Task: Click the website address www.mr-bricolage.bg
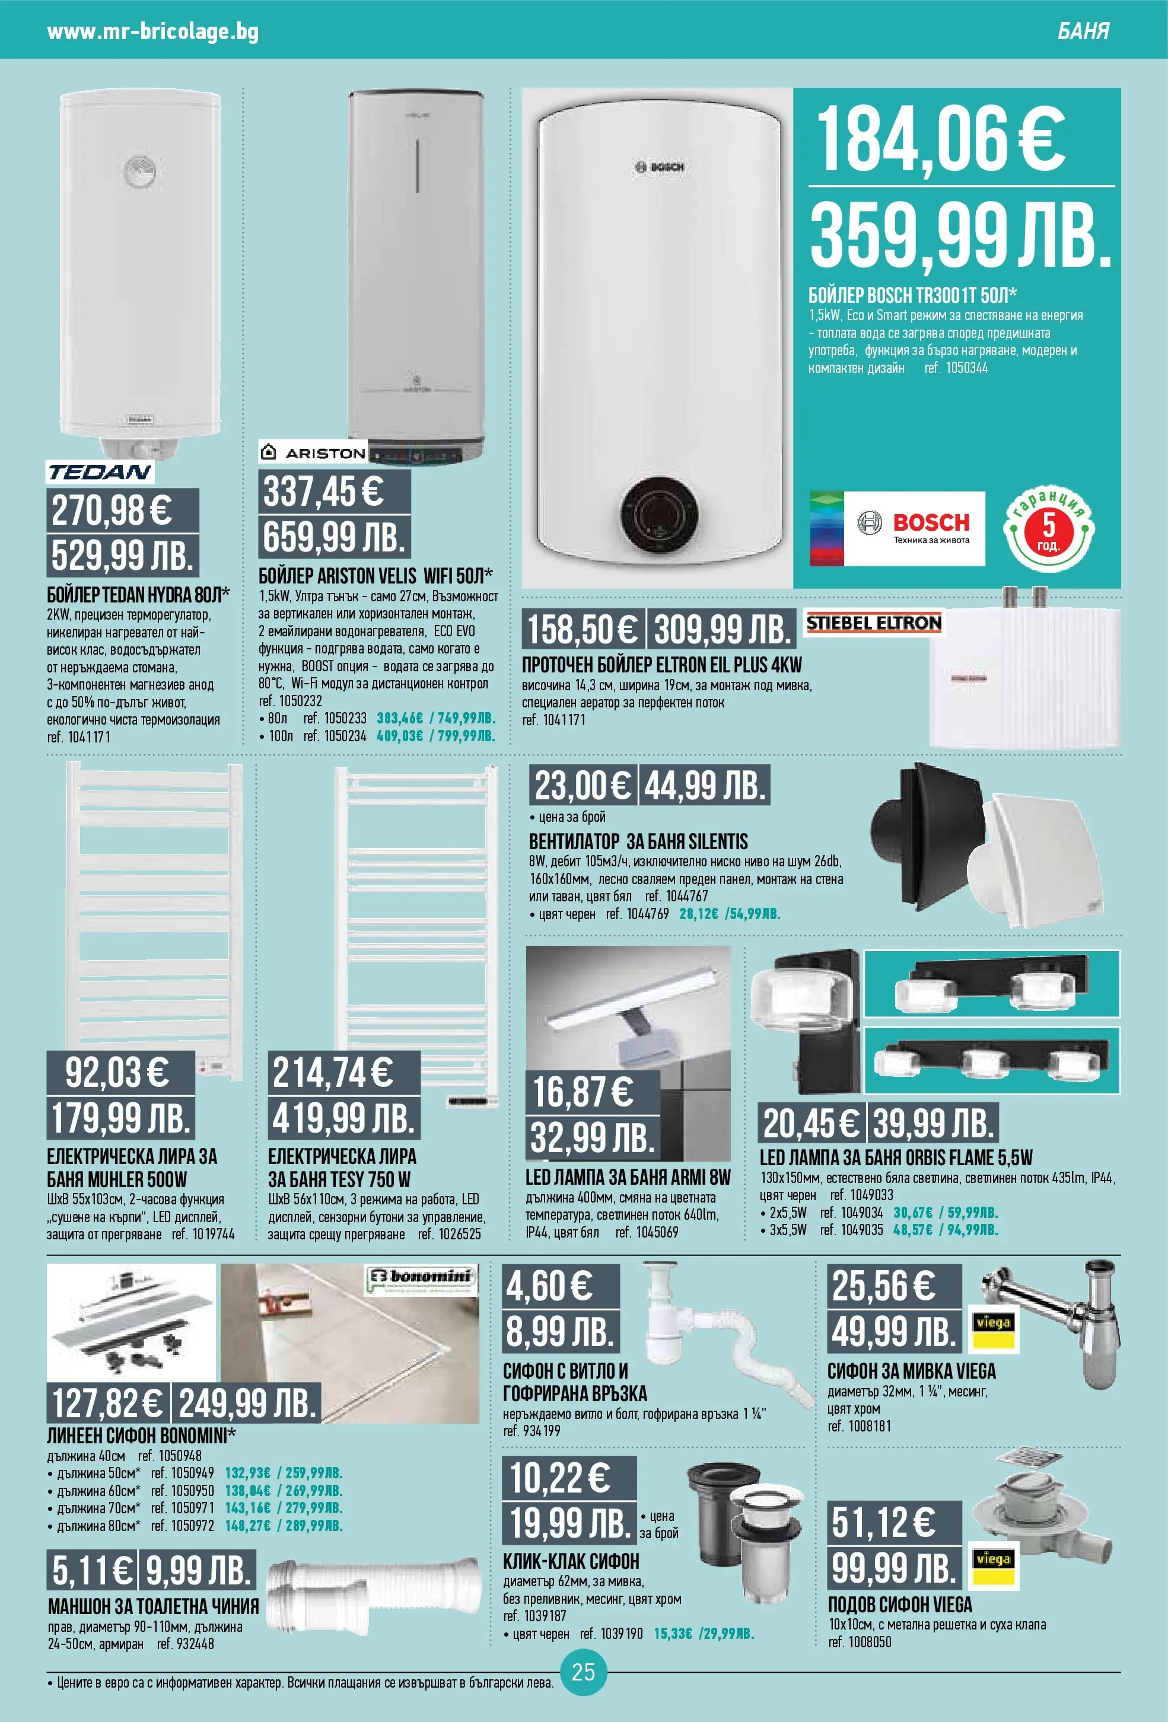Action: coord(152,32)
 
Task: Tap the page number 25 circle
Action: coord(583,1672)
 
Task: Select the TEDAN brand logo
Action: coord(100,472)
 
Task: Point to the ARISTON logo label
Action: coord(313,452)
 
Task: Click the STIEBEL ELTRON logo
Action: coord(874,623)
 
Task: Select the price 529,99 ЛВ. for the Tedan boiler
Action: coord(122,555)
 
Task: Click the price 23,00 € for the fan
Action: coord(583,786)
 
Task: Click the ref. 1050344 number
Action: coord(956,368)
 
